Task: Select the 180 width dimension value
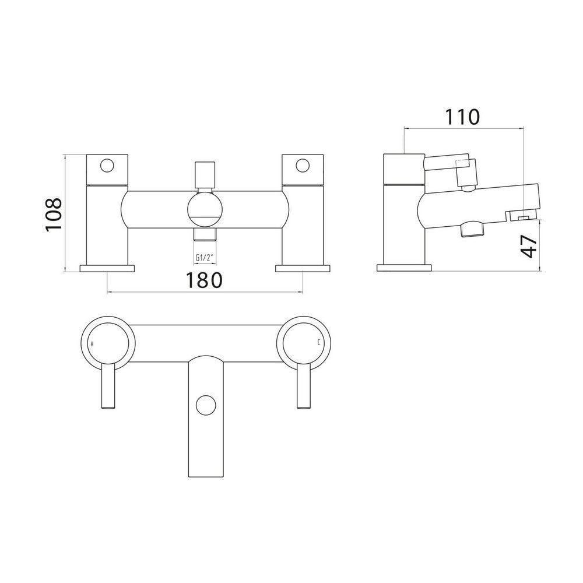(x=205, y=280)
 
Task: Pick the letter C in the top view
(x=318, y=343)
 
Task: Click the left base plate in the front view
(x=107, y=268)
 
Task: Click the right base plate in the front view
(x=303, y=268)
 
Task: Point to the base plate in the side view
(x=405, y=268)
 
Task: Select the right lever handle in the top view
(x=303, y=386)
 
